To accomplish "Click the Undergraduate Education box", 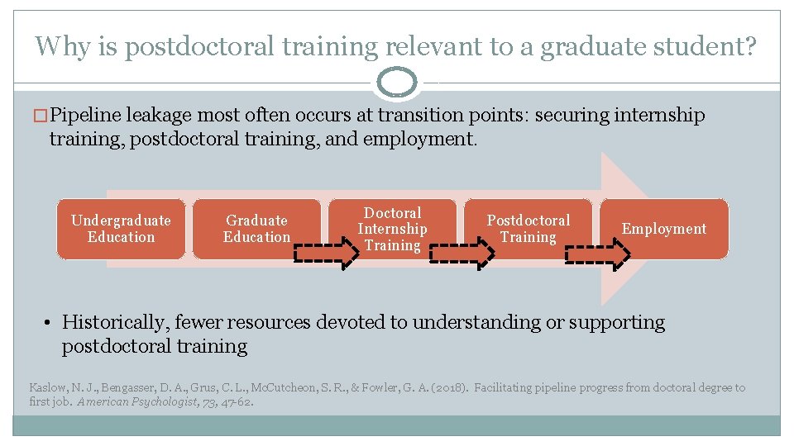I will (121, 229).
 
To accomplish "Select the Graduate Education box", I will (256, 229).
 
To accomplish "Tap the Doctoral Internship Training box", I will (392, 229).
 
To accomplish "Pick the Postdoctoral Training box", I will (528, 229).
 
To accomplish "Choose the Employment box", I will (664, 229).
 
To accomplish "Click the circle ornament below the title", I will (399, 83).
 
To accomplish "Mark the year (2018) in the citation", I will (452, 387).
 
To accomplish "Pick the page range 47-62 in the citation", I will (237, 402).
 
